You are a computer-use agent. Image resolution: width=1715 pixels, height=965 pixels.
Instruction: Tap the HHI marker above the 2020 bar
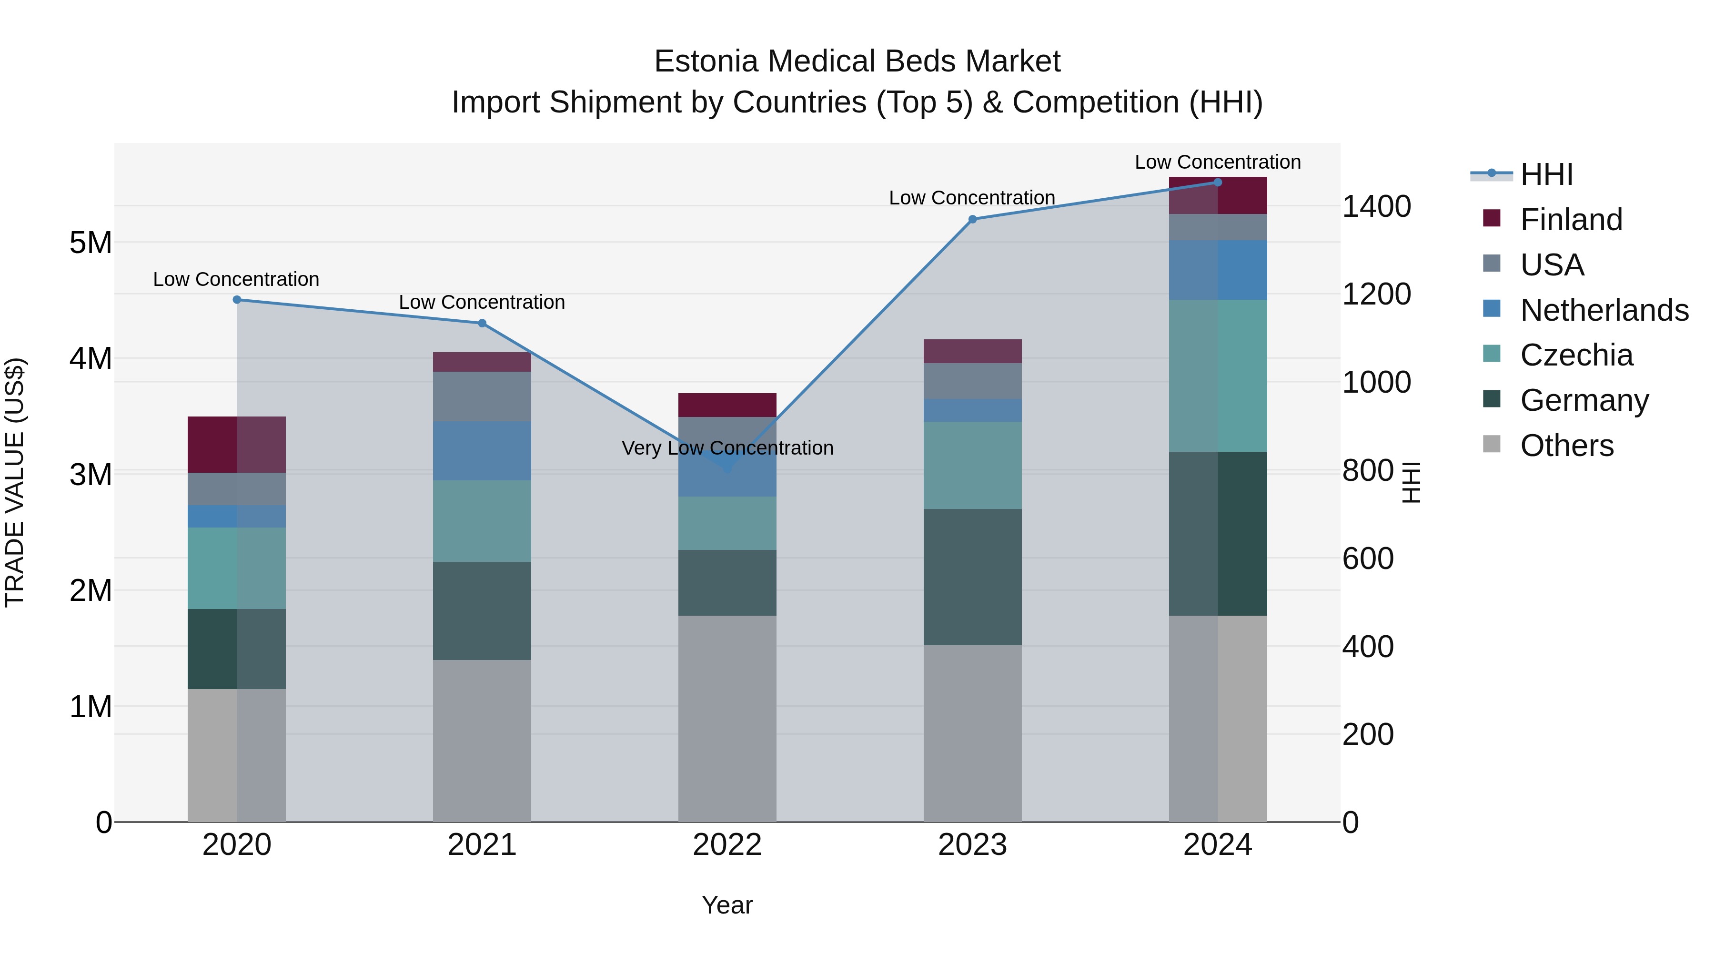click(x=237, y=300)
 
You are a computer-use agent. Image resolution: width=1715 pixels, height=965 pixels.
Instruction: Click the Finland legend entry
click(x=1571, y=219)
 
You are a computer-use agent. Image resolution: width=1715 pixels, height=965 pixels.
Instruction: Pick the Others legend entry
click(x=1566, y=445)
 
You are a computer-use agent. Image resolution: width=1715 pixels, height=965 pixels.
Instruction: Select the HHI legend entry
click(x=1546, y=174)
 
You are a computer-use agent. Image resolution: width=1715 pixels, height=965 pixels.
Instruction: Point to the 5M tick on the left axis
click(x=91, y=243)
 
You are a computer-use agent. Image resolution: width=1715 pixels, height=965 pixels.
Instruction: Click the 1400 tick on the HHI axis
click(x=1375, y=206)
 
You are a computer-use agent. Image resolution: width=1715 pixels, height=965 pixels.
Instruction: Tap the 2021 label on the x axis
click(x=482, y=845)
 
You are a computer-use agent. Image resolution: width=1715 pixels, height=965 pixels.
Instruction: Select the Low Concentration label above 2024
click(x=1217, y=162)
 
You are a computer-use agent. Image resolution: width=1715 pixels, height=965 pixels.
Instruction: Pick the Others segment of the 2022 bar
click(x=727, y=718)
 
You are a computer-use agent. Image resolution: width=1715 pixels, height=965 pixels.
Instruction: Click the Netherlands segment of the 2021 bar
click(x=482, y=451)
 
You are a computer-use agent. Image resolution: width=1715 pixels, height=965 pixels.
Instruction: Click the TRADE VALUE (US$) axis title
click(x=15, y=482)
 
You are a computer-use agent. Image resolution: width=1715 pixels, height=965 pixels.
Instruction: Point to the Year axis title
click(x=727, y=905)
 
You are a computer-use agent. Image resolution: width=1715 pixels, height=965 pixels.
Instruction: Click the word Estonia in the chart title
click(x=706, y=61)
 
